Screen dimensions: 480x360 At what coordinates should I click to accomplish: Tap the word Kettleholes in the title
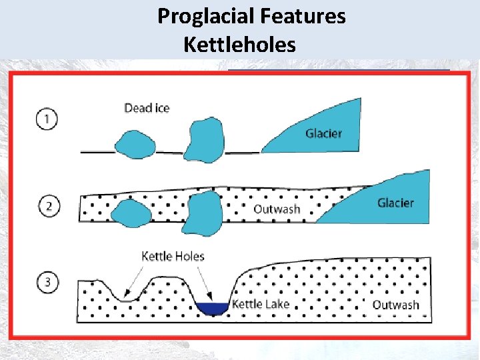239,45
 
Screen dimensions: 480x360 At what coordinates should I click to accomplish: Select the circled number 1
47,120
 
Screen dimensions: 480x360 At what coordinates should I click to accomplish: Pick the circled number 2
47,207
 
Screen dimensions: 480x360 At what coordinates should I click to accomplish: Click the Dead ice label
147,108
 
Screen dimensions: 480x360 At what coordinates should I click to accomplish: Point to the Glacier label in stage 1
323,133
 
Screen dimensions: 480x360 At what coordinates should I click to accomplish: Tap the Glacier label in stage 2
395,203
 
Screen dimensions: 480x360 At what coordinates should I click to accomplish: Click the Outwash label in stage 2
277,209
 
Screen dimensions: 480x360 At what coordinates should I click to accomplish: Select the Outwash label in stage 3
395,305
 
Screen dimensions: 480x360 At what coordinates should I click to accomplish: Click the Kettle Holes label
173,256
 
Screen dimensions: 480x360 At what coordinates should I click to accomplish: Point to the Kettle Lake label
260,305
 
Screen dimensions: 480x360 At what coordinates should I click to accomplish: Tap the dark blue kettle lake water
212,308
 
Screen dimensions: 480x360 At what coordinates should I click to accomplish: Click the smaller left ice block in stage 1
137,144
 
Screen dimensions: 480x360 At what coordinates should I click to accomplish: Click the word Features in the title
309,16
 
